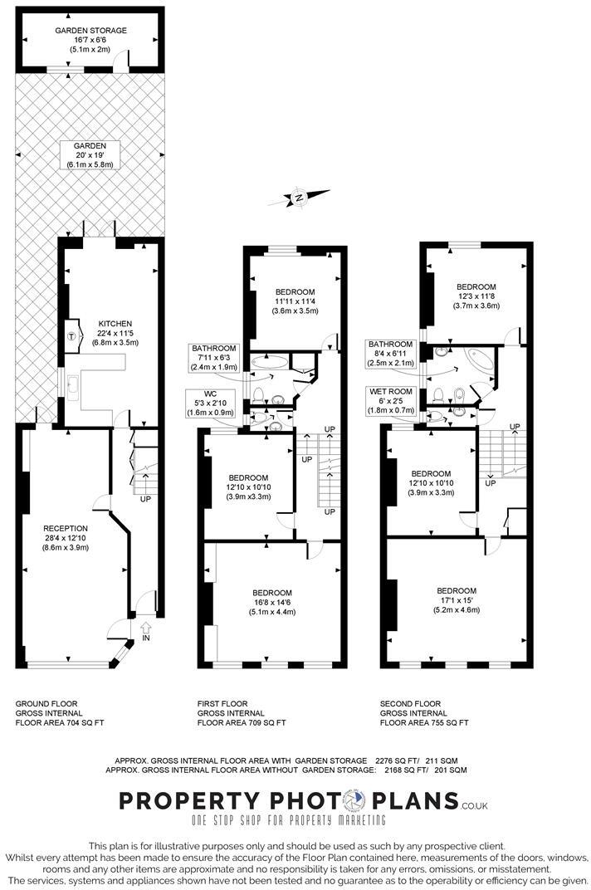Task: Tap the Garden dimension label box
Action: pyautogui.click(x=91, y=155)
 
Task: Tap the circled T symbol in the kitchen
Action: pyautogui.click(x=71, y=336)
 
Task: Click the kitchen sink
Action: pyautogui.click(x=74, y=384)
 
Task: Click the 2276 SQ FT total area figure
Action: pyautogui.click(x=398, y=760)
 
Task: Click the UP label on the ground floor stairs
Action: pyautogui.click(x=145, y=500)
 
